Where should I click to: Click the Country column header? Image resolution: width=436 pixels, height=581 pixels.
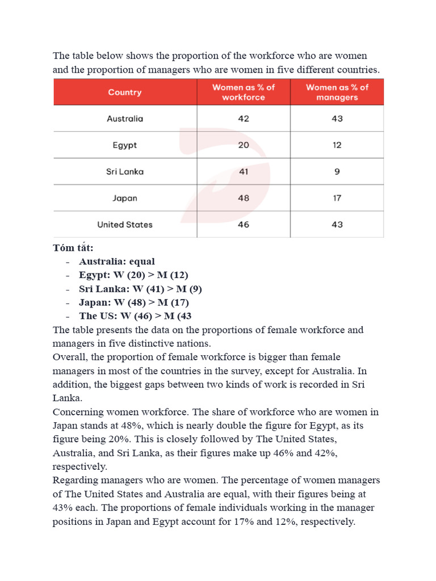[125, 92]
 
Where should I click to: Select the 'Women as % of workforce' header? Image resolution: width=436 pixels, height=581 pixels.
[244, 92]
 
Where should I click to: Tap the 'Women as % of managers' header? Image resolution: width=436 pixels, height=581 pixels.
[337, 92]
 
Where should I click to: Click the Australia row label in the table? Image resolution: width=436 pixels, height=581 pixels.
[125, 119]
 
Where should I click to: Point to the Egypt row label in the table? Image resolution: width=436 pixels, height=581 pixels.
[125, 145]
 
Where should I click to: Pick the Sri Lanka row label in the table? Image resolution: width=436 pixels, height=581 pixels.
[125, 171]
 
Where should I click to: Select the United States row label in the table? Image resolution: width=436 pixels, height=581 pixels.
[125, 225]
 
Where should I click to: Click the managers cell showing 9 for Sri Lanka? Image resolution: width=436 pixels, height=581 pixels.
[337, 171]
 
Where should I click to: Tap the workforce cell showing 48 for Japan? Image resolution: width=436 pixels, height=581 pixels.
[244, 198]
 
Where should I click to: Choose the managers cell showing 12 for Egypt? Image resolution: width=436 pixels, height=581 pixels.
[337, 145]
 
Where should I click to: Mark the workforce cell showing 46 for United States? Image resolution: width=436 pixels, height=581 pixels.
[244, 225]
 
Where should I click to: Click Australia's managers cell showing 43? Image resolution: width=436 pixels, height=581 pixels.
[337, 119]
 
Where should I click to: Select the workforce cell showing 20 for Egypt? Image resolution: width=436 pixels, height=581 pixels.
[244, 145]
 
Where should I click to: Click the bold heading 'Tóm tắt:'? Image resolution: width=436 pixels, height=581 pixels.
[73, 248]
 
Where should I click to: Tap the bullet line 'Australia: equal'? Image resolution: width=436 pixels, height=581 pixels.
[116, 262]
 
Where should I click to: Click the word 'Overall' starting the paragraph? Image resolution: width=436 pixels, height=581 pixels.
[69, 357]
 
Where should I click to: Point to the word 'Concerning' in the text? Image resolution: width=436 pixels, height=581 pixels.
[78, 411]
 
